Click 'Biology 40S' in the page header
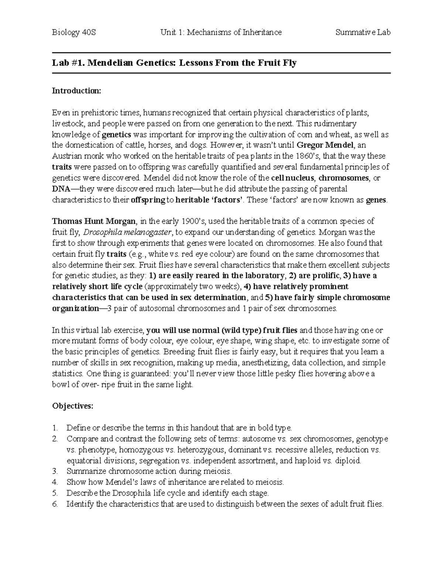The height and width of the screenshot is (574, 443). [x=74, y=33]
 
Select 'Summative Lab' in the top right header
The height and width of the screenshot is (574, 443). [x=363, y=33]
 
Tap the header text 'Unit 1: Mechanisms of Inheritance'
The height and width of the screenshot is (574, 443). [x=221, y=33]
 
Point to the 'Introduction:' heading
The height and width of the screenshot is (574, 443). [x=76, y=91]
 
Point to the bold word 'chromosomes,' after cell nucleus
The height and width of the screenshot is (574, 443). [x=344, y=178]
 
